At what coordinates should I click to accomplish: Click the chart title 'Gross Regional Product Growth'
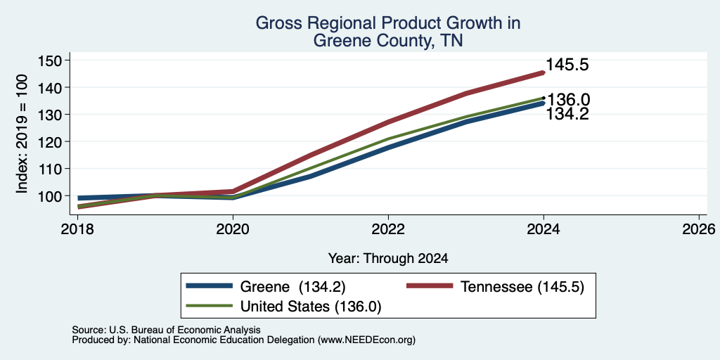(x=387, y=23)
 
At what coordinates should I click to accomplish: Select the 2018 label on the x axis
(x=77, y=229)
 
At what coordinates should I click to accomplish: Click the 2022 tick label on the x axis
(x=388, y=229)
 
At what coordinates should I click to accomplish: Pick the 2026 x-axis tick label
(x=699, y=229)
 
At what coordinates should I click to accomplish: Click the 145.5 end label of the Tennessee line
(x=567, y=65)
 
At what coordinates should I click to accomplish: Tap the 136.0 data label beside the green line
(x=569, y=100)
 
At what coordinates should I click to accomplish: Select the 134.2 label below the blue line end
(x=567, y=114)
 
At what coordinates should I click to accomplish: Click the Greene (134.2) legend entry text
(x=292, y=287)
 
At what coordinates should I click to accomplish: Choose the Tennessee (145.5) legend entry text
(x=522, y=287)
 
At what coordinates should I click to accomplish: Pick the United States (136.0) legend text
(x=311, y=307)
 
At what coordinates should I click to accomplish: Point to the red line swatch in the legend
(x=430, y=286)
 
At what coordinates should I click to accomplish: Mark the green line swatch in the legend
(x=209, y=305)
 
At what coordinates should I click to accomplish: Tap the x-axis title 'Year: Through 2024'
(x=388, y=259)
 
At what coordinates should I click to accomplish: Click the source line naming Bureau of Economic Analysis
(x=166, y=330)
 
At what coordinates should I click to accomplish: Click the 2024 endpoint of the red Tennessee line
(x=544, y=72)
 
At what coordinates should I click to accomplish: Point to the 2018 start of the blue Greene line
(x=79, y=198)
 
